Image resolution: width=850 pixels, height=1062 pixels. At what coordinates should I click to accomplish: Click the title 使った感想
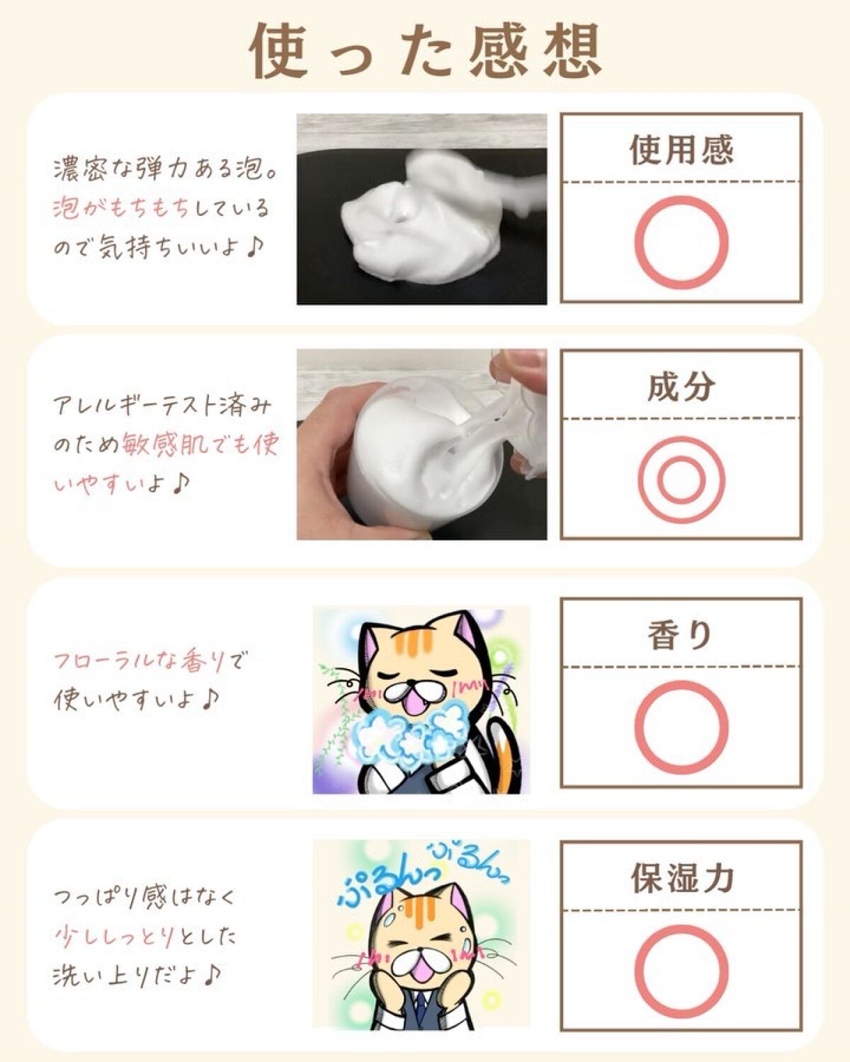(426, 51)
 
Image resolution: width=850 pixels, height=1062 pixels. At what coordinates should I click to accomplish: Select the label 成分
(681, 387)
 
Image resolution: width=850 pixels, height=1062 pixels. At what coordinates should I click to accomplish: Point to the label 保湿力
(682, 878)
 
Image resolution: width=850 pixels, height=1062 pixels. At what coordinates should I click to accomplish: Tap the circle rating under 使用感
(681, 242)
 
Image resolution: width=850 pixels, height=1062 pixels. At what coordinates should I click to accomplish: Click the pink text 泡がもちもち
(121, 209)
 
